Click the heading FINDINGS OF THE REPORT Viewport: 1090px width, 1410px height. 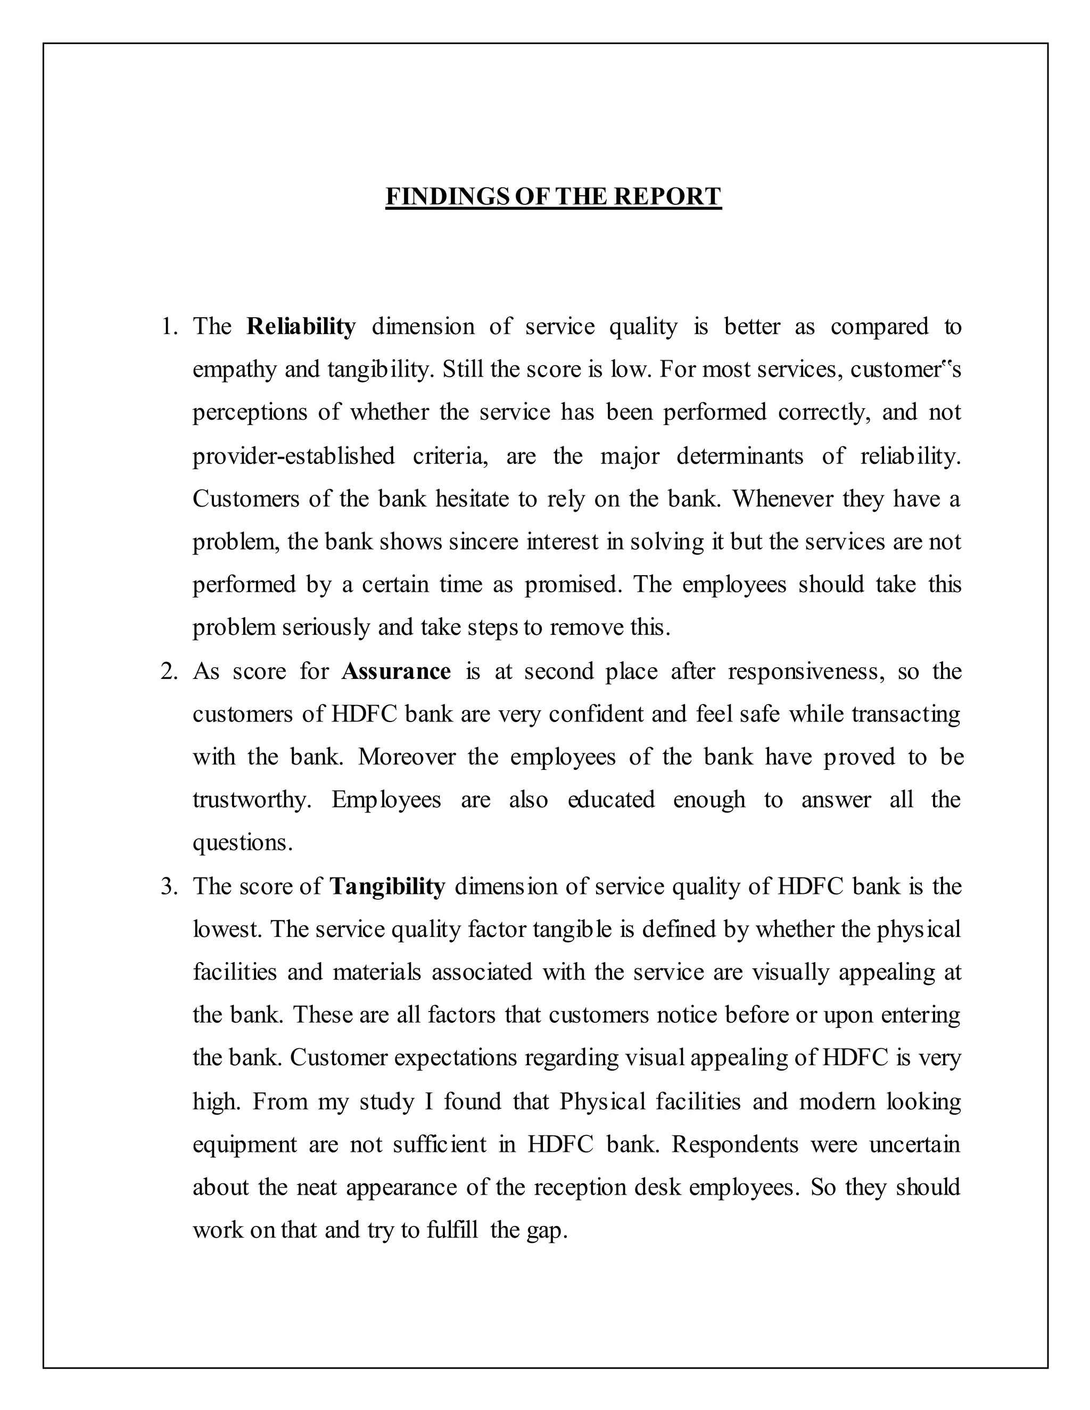pyautogui.click(x=553, y=196)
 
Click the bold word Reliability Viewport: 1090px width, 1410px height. pyautogui.click(x=301, y=327)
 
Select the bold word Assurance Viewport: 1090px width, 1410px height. pyautogui.click(x=396, y=671)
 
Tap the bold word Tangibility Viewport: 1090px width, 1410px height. pyautogui.click(x=387, y=886)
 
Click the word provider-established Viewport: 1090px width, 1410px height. pyautogui.click(x=294, y=457)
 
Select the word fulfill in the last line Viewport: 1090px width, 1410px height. pyautogui.click(x=452, y=1231)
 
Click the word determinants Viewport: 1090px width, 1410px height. pyautogui.click(x=739, y=457)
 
